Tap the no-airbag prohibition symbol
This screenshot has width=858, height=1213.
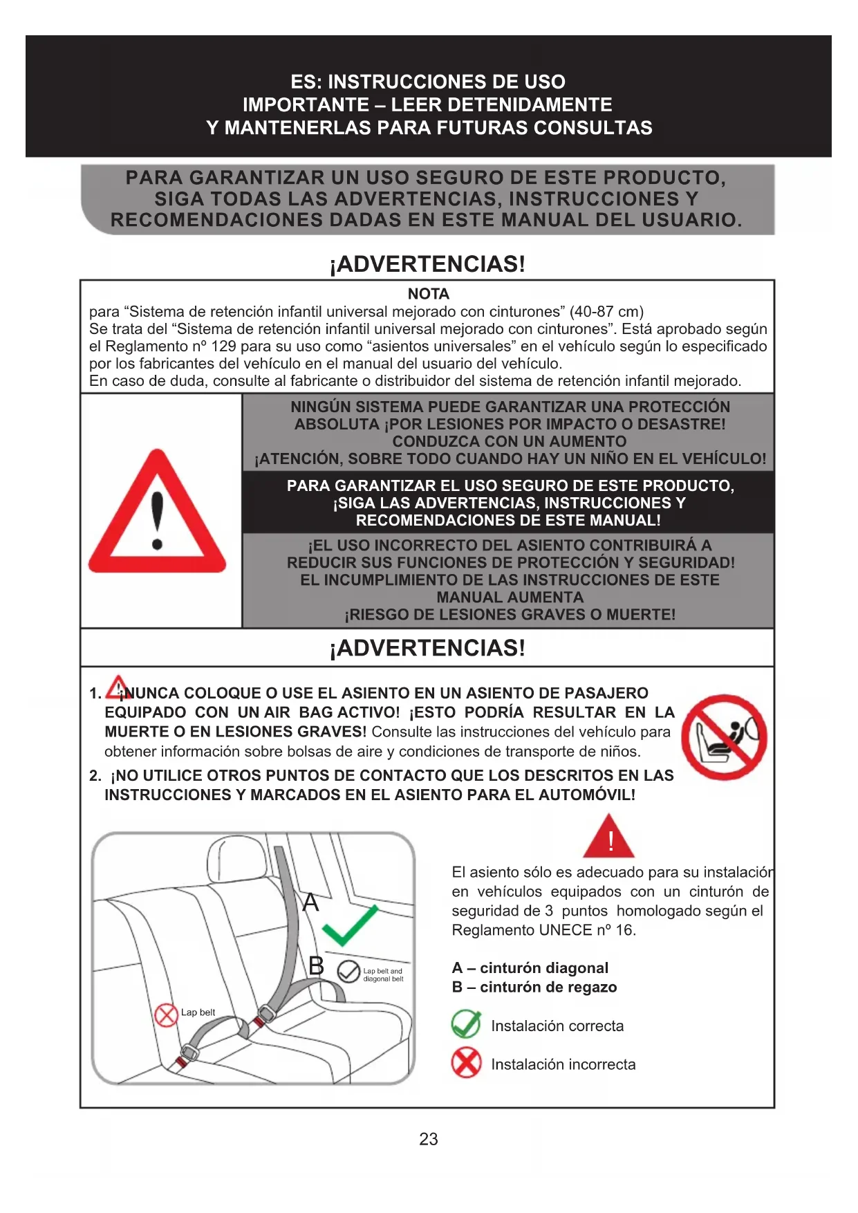point(724,737)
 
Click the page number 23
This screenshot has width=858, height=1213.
point(428,1139)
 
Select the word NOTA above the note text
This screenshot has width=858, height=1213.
point(428,294)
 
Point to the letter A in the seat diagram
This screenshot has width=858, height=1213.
point(311,902)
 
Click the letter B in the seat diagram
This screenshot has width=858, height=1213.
point(316,965)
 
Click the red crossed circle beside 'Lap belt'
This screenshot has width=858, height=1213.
point(166,1015)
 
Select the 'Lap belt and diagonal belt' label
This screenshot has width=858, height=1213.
point(383,975)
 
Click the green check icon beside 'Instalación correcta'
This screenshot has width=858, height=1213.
point(466,1024)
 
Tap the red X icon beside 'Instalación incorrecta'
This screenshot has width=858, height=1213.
point(466,1063)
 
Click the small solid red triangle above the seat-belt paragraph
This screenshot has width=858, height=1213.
point(608,837)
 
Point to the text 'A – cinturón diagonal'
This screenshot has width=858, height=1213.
point(530,968)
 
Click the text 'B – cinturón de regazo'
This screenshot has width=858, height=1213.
point(534,988)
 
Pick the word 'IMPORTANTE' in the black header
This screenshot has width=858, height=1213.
point(306,105)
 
